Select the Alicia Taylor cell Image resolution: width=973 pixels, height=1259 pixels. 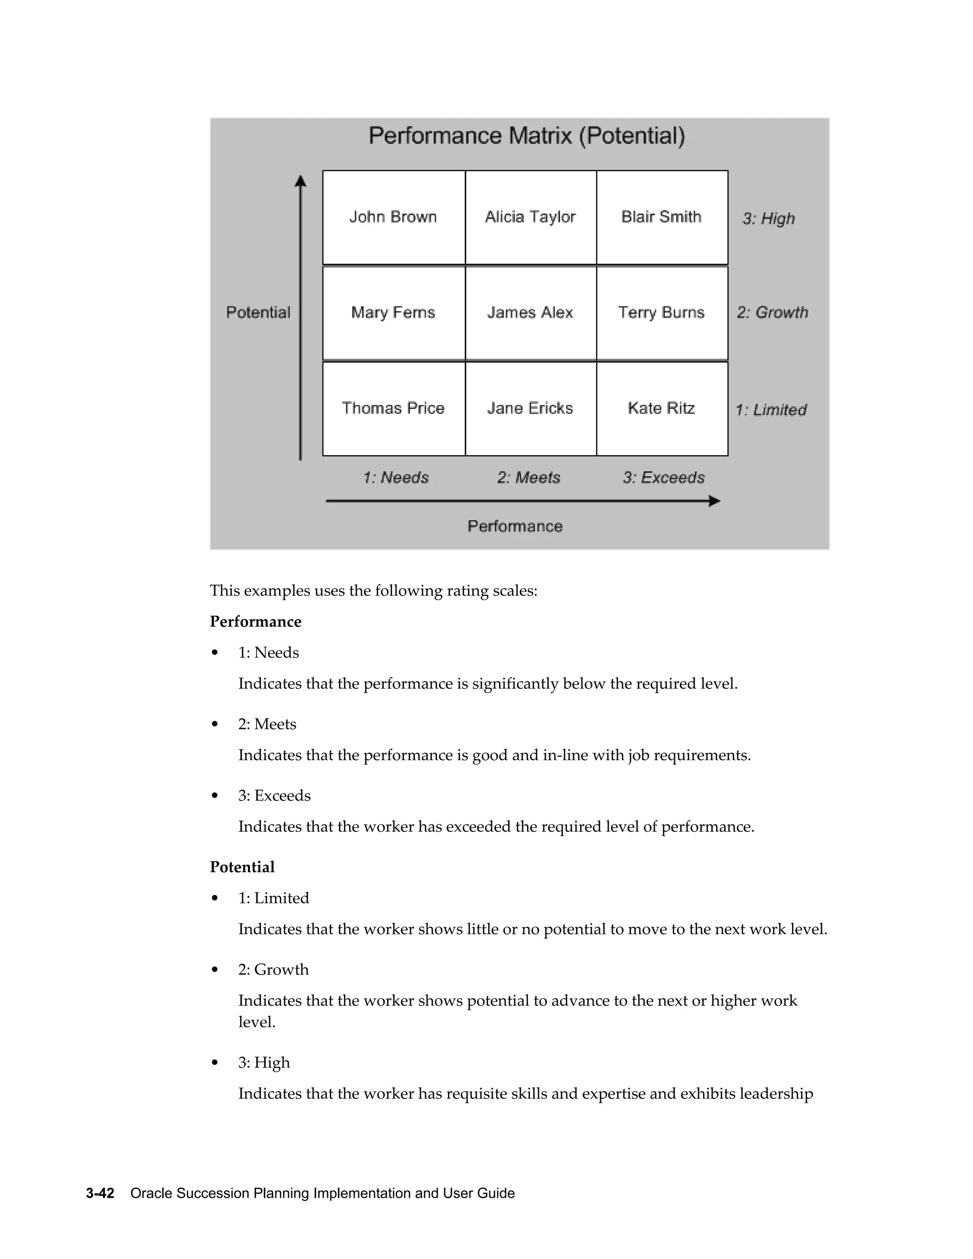pyautogui.click(x=530, y=217)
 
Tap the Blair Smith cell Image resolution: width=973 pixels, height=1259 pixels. pyautogui.click(x=662, y=217)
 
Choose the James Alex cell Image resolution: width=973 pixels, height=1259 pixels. pyautogui.click(x=530, y=313)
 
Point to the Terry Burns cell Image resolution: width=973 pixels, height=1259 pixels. pyautogui.click(x=662, y=313)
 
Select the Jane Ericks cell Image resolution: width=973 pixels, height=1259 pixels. pyautogui.click(x=530, y=409)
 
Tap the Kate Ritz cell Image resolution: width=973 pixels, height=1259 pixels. pyautogui.click(x=662, y=409)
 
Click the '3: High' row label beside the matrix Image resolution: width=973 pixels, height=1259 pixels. pyautogui.click(x=768, y=219)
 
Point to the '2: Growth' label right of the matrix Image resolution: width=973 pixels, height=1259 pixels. pyautogui.click(x=773, y=313)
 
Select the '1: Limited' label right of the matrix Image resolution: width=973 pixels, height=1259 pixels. pyautogui.click(x=771, y=410)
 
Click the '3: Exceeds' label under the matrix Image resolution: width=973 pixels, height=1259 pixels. pyautogui.click(x=663, y=478)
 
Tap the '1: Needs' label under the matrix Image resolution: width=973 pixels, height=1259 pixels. pyautogui.click(x=396, y=478)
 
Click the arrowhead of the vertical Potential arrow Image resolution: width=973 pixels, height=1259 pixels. pyautogui.click(x=300, y=181)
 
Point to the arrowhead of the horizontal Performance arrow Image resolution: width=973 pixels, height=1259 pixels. pyautogui.click(x=715, y=501)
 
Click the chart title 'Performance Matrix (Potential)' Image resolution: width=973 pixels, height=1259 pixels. pyautogui.click(x=527, y=136)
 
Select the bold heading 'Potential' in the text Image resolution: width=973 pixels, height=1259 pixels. pyautogui.click(x=242, y=867)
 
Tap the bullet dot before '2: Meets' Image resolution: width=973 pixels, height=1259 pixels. pyautogui.click(x=215, y=724)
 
